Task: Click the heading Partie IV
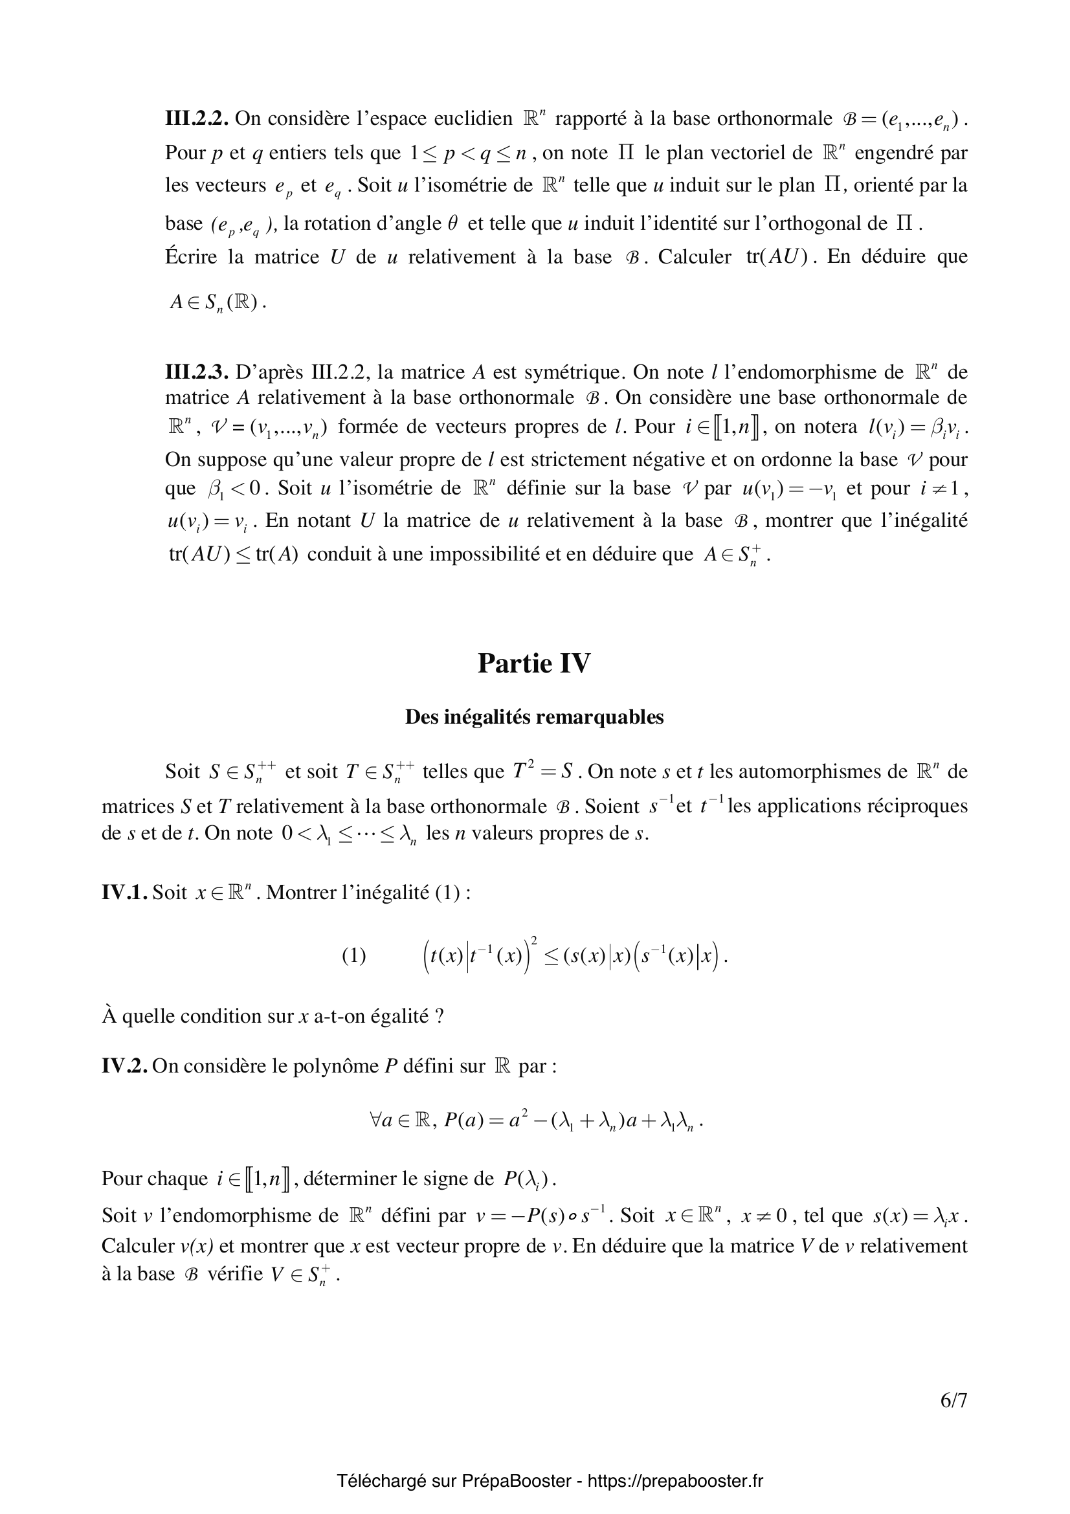[534, 663]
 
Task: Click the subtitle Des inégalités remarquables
[534, 717]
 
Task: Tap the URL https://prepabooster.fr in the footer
[675, 1482]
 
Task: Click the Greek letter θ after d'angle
[452, 223]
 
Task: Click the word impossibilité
[495, 554]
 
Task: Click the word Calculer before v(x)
[138, 1246]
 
